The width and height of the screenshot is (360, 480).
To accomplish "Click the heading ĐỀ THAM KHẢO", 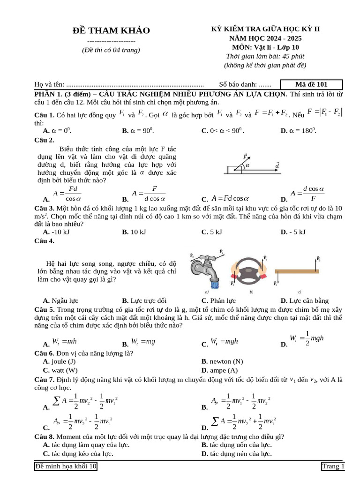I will click(111, 30).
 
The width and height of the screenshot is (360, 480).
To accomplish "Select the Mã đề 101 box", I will click(311, 84).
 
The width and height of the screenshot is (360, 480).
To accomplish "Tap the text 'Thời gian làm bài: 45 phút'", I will click(265, 56).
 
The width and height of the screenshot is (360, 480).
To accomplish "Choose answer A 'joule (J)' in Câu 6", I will click(59, 361).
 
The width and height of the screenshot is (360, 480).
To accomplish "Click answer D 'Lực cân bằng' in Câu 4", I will click(305, 300).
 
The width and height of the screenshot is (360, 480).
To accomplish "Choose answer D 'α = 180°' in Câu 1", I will click(299, 131).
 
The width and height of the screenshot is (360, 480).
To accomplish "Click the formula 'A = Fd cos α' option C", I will click(230, 198).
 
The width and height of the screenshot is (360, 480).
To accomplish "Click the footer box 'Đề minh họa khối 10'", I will click(66, 466).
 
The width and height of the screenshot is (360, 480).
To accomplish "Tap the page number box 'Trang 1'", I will click(333, 466).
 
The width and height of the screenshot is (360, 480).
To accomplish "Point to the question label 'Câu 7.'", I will click(45, 379).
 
